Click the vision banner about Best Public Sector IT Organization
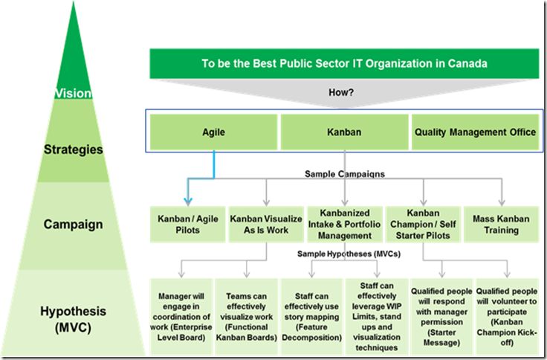(345, 64)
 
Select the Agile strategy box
(214, 132)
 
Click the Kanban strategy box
(344, 132)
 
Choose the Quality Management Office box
(473, 132)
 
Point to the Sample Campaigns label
(345, 174)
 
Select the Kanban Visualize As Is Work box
(264, 224)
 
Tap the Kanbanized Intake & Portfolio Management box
(345, 224)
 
